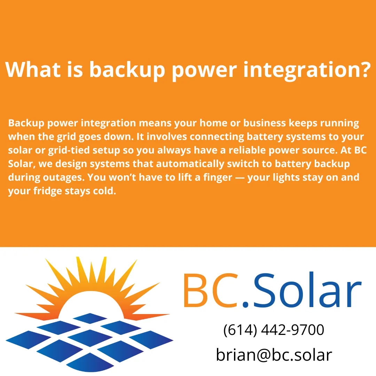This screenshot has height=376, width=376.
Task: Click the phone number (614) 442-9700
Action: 274,330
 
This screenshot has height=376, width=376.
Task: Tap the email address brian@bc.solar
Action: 274,355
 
